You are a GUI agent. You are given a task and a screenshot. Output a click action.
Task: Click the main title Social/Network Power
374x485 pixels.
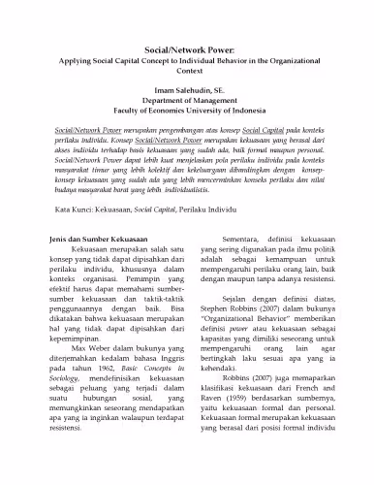coord(186,46)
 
